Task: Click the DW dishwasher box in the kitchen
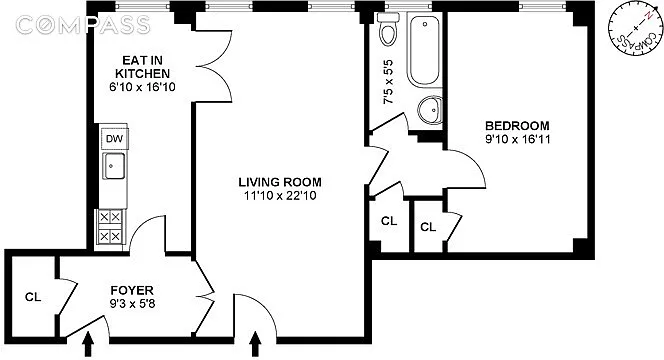pos(114,138)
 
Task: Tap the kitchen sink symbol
pos(114,166)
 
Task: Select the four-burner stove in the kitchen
pos(110,227)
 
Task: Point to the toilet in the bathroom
pos(389,28)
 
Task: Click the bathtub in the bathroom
pos(424,51)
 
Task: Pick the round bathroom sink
pos(430,110)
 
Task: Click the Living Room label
pos(280,182)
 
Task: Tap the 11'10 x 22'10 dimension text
pos(280,196)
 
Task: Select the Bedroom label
pos(517,126)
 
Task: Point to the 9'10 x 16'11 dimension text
pos(517,139)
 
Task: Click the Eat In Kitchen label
pos(142,66)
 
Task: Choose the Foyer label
pos(132,291)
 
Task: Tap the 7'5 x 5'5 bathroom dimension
pos(388,82)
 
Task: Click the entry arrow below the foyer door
pos(88,344)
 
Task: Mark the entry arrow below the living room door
pos(255,344)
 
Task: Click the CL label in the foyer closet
pos(33,297)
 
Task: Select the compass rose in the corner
pos(635,33)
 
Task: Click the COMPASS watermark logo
pos(83,25)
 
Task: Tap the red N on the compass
pos(648,17)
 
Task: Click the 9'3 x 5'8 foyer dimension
pos(132,304)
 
